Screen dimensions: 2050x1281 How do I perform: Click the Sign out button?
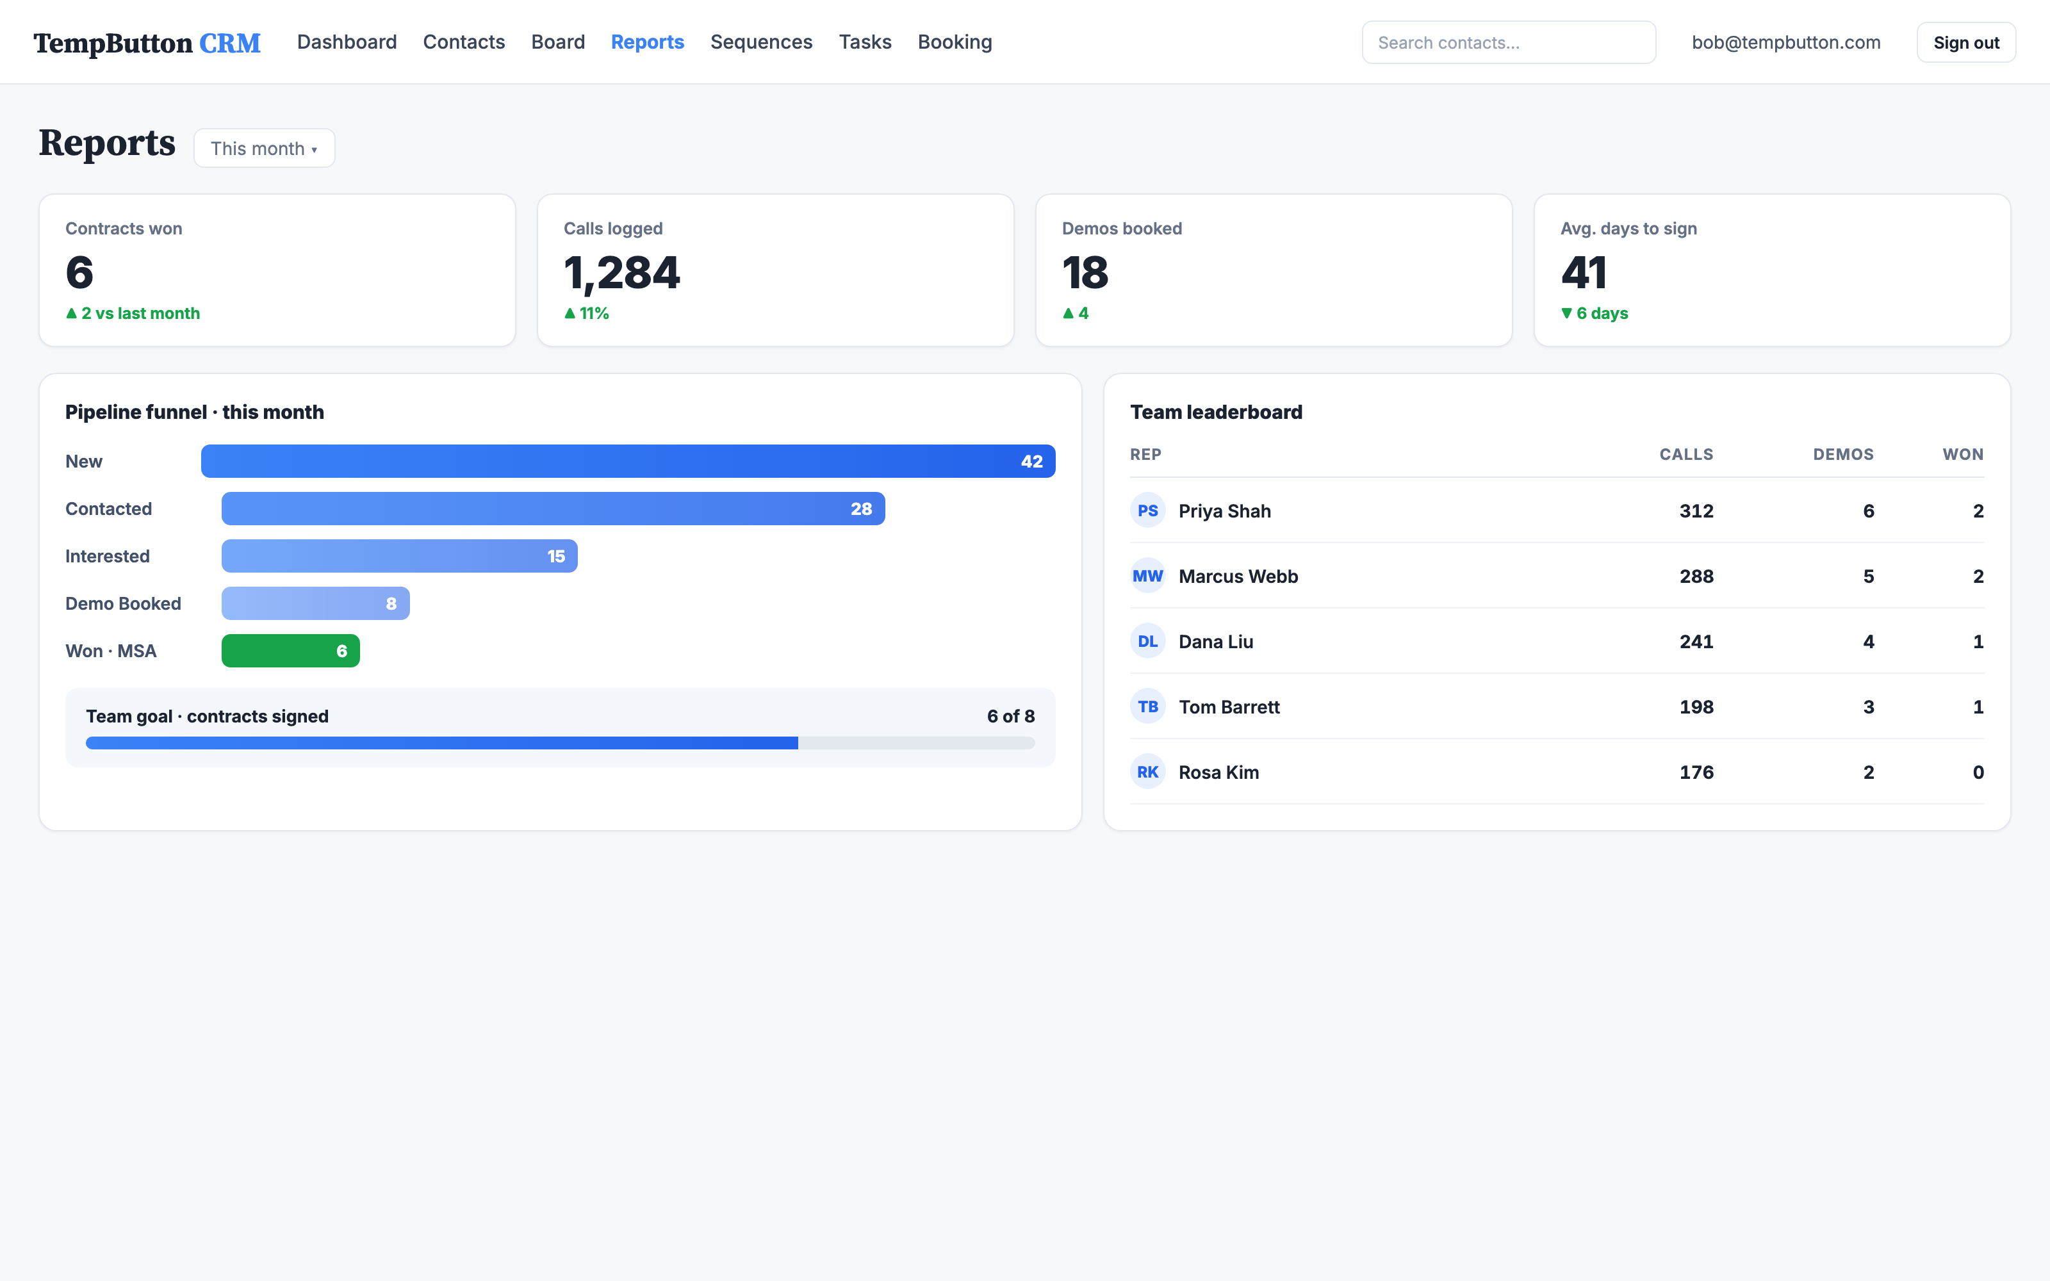1965,42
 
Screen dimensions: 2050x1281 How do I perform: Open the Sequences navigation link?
760,42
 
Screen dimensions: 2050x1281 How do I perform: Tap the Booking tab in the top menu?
955,42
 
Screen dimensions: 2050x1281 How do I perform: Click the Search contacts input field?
1508,42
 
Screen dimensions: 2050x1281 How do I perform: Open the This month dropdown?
265,148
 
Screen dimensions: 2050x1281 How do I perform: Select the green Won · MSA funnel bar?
291,651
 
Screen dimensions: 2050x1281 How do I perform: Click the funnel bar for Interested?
399,556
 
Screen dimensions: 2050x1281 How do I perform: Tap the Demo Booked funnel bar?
315,603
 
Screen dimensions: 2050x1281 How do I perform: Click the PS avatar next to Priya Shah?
1148,511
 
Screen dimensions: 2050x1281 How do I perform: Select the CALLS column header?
1685,454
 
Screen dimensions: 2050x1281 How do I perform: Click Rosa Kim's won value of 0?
1978,772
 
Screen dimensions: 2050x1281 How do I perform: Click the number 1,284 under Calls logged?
622,273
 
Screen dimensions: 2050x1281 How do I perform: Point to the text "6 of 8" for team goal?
1011,716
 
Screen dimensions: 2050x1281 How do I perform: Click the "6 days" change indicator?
1595,313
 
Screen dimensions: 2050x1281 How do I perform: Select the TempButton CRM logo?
147,43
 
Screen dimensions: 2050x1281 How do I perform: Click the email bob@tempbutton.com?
1785,42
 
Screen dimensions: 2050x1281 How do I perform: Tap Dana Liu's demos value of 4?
1868,641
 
